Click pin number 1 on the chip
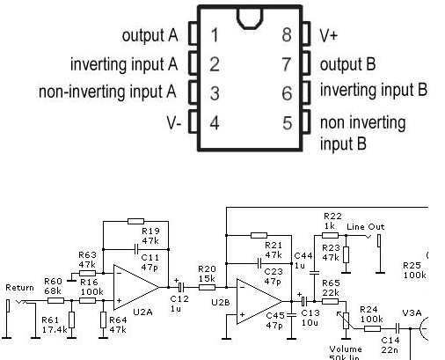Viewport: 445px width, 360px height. click(215, 34)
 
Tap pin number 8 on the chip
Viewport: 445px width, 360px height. click(287, 34)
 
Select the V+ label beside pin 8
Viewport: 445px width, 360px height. click(329, 35)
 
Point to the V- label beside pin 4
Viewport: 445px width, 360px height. click(174, 122)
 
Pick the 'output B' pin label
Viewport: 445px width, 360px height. click(347, 64)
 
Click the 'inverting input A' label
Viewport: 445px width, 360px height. click(124, 64)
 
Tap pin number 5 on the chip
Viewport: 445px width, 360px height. click(288, 122)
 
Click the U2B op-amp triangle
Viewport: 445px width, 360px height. click(260, 301)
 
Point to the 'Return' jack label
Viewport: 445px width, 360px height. click(19, 288)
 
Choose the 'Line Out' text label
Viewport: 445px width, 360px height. click(365, 227)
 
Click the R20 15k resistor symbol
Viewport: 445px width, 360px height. click(207, 287)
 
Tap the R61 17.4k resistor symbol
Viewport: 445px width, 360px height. click(71, 320)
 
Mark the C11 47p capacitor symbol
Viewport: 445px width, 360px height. click(135, 249)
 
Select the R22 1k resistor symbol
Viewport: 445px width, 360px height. click(330, 235)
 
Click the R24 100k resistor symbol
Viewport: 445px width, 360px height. click(372, 328)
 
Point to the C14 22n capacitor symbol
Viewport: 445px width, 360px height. click(398, 328)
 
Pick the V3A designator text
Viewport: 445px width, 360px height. click(412, 313)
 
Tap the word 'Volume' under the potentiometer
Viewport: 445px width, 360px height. click(346, 349)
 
